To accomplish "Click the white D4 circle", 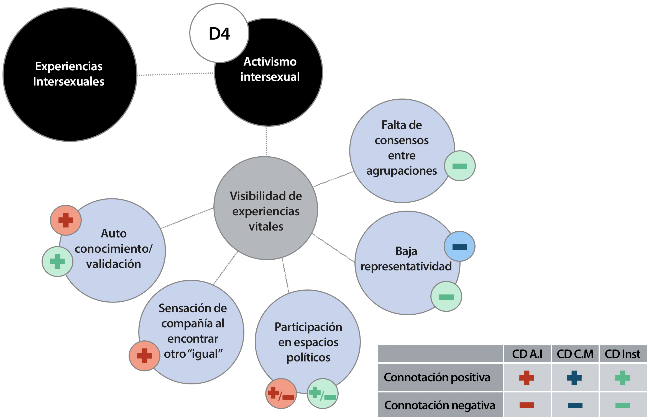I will pos(219,33).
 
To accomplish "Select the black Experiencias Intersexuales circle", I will pos(70,74).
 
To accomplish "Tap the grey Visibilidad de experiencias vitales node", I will pos(266,208).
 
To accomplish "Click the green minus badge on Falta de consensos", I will pos(460,166).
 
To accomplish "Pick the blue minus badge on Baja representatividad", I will pos(459,247).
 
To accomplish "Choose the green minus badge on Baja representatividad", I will pos(446,297).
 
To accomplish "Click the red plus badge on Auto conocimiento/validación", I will pos(66,220).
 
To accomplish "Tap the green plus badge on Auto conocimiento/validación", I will pos(57,262).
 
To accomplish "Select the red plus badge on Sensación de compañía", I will pos(144,356).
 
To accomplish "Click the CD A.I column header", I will pos(527,354).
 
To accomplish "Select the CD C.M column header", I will pos(575,354).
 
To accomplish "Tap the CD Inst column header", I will pos(622,354).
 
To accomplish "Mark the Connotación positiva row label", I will pos(437,377).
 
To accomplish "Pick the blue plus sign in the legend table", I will pos(574,378).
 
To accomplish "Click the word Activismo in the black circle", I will pos(270,62).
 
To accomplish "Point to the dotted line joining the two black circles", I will pos(175,74).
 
